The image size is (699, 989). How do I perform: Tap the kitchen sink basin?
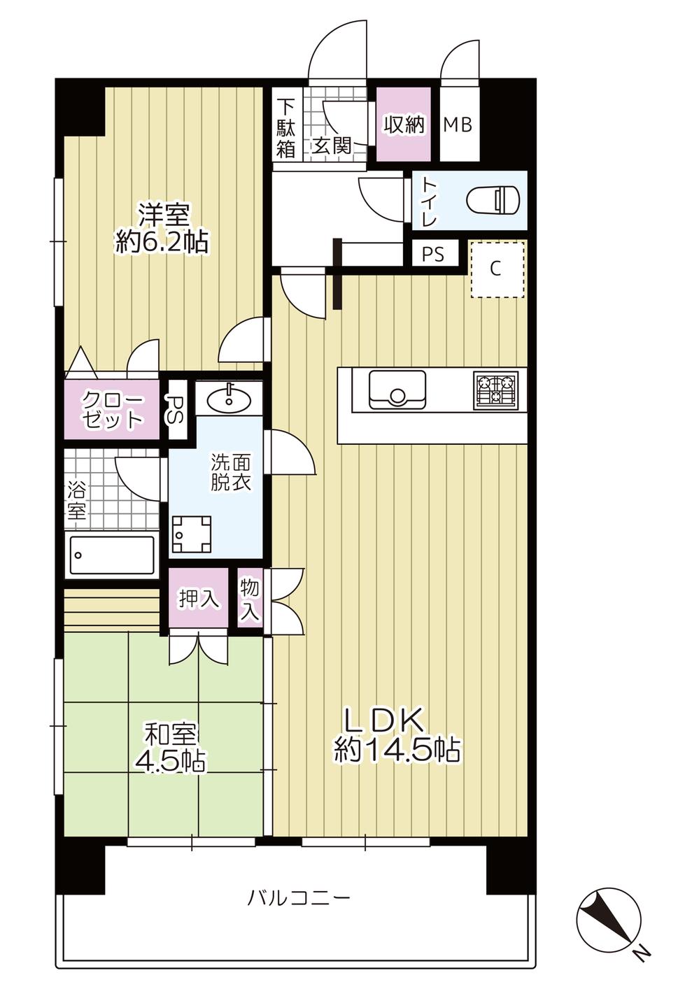coord(397,390)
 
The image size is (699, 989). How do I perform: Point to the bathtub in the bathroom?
coord(113,555)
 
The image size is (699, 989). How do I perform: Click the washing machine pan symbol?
coord(191,535)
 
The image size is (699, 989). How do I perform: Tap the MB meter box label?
coord(458,125)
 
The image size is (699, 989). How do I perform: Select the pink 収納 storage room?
coord(404,125)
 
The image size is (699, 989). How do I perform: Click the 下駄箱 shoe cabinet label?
coord(285,129)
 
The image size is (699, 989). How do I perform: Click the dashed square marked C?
coord(497,269)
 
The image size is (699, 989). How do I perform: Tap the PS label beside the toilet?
coord(433,254)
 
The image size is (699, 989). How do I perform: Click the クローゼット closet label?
coord(113,409)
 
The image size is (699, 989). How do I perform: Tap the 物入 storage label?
coord(250,599)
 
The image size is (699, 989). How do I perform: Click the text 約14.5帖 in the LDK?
coord(397,750)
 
